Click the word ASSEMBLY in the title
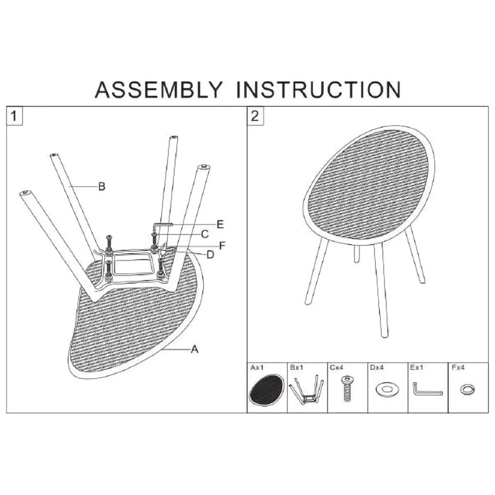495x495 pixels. [x=158, y=90]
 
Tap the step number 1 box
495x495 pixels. [x=14, y=116]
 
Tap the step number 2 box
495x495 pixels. [x=255, y=116]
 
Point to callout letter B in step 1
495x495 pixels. [x=102, y=186]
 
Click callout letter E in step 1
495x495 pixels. [x=220, y=224]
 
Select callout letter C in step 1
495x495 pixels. [x=205, y=234]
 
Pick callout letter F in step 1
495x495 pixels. [x=222, y=245]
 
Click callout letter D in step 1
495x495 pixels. [x=210, y=255]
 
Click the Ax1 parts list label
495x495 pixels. [x=257, y=368]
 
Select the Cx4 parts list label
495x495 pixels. [x=337, y=368]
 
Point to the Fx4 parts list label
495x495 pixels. [x=458, y=368]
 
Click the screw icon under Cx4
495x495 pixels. [x=347, y=389]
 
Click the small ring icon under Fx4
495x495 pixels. [x=467, y=389]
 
